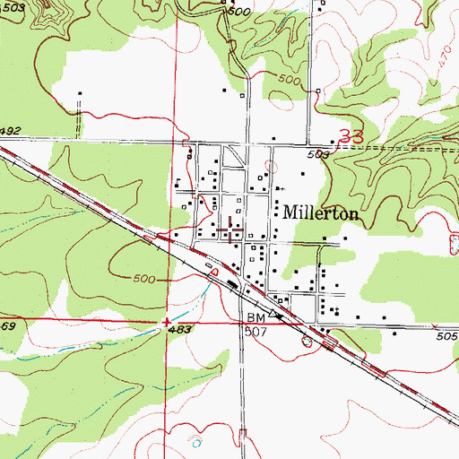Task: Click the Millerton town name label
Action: (322, 215)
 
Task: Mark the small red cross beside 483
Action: (166, 321)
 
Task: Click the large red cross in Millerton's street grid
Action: (234, 231)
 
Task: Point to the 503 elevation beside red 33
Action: (325, 154)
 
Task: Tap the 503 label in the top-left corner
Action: (13, 7)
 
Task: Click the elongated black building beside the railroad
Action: (231, 284)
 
